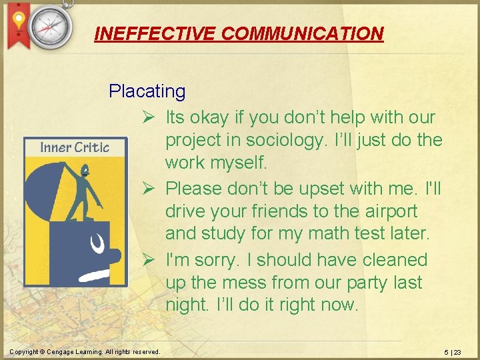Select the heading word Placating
(x=147, y=91)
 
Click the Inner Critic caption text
(x=75, y=147)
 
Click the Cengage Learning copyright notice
(x=85, y=352)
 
